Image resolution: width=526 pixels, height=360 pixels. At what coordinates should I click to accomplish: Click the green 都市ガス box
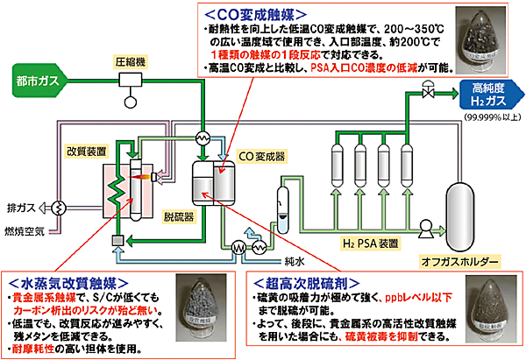pyautogui.click(x=38, y=81)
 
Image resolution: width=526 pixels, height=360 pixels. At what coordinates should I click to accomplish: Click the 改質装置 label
pyautogui.click(x=88, y=150)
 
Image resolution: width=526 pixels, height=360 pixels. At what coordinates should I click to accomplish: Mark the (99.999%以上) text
pyautogui.click(x=487, y=117)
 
